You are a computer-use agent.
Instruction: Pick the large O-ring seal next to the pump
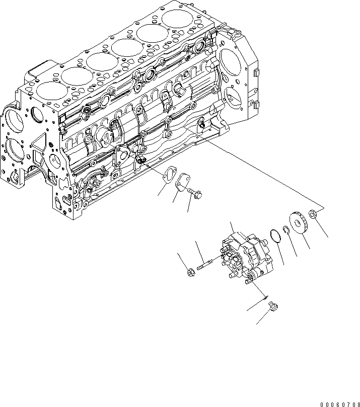click(274, 235)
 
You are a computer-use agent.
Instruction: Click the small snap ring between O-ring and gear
click(286, 231)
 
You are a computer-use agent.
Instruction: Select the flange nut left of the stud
click(191, 273)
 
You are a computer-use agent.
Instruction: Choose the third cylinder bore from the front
click(100, 62)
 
